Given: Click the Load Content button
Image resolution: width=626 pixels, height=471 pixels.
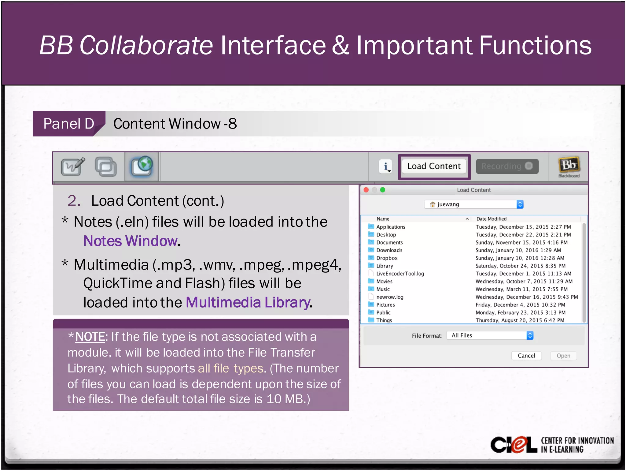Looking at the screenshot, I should pyautogui.click(x=434, y=166).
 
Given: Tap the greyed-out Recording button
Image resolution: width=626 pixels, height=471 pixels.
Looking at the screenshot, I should pyautogui.click(x=507, y=166).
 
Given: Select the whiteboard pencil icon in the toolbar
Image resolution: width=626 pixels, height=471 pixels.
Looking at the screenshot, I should pyautogui.click(x=73, y=166).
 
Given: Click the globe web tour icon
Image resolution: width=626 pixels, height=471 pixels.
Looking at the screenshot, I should pyautogui.click(x=142, y=166).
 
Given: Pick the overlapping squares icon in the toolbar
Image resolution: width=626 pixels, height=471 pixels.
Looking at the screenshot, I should pyautogui.click(x=106, y=166).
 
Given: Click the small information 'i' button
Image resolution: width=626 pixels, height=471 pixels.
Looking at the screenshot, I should pyautogui.click(x=386, y=166).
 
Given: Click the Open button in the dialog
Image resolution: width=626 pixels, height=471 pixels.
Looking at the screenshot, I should pyautogui.click(x=563, y=356).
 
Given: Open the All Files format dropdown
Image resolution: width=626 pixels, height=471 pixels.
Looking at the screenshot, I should pyautogui.click(x=490, y=335).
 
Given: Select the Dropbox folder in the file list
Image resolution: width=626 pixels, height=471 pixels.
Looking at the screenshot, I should pyautogui.click(x=387, y=258).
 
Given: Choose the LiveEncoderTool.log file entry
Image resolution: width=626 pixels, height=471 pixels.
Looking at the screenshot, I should pyautogui.click(x=400, y=274).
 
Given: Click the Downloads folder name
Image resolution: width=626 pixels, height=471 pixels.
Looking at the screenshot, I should pyautogui.click(x=389, y=250).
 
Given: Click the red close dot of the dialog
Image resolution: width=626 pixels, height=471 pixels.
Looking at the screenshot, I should pyautogui.click(x=366, y=190).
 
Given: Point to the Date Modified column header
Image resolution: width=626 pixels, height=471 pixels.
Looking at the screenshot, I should pyautogui.click(x=491, y=219).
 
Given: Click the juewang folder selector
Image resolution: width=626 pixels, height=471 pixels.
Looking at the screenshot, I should pyautogui.click(x=474, y=204).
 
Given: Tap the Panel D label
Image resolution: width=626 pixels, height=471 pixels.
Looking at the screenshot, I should pyautogui.click(x=69, y=124).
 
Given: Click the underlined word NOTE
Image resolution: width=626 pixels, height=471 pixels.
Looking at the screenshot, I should pyautogui.click(x=90, y=337).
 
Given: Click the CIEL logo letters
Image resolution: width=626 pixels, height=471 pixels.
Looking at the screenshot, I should pyautogui.click(x=514, y=444).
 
